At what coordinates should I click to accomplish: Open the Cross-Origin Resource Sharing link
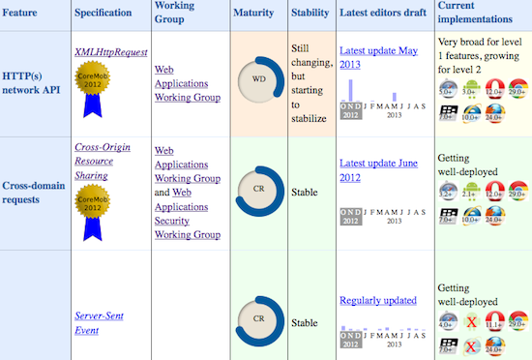(x=102, y=162)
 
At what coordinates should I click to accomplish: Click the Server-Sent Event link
(x=100, y=322)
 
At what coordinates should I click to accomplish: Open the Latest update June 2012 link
(x=378, y=170)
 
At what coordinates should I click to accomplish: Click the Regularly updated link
(x=378, y=301)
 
